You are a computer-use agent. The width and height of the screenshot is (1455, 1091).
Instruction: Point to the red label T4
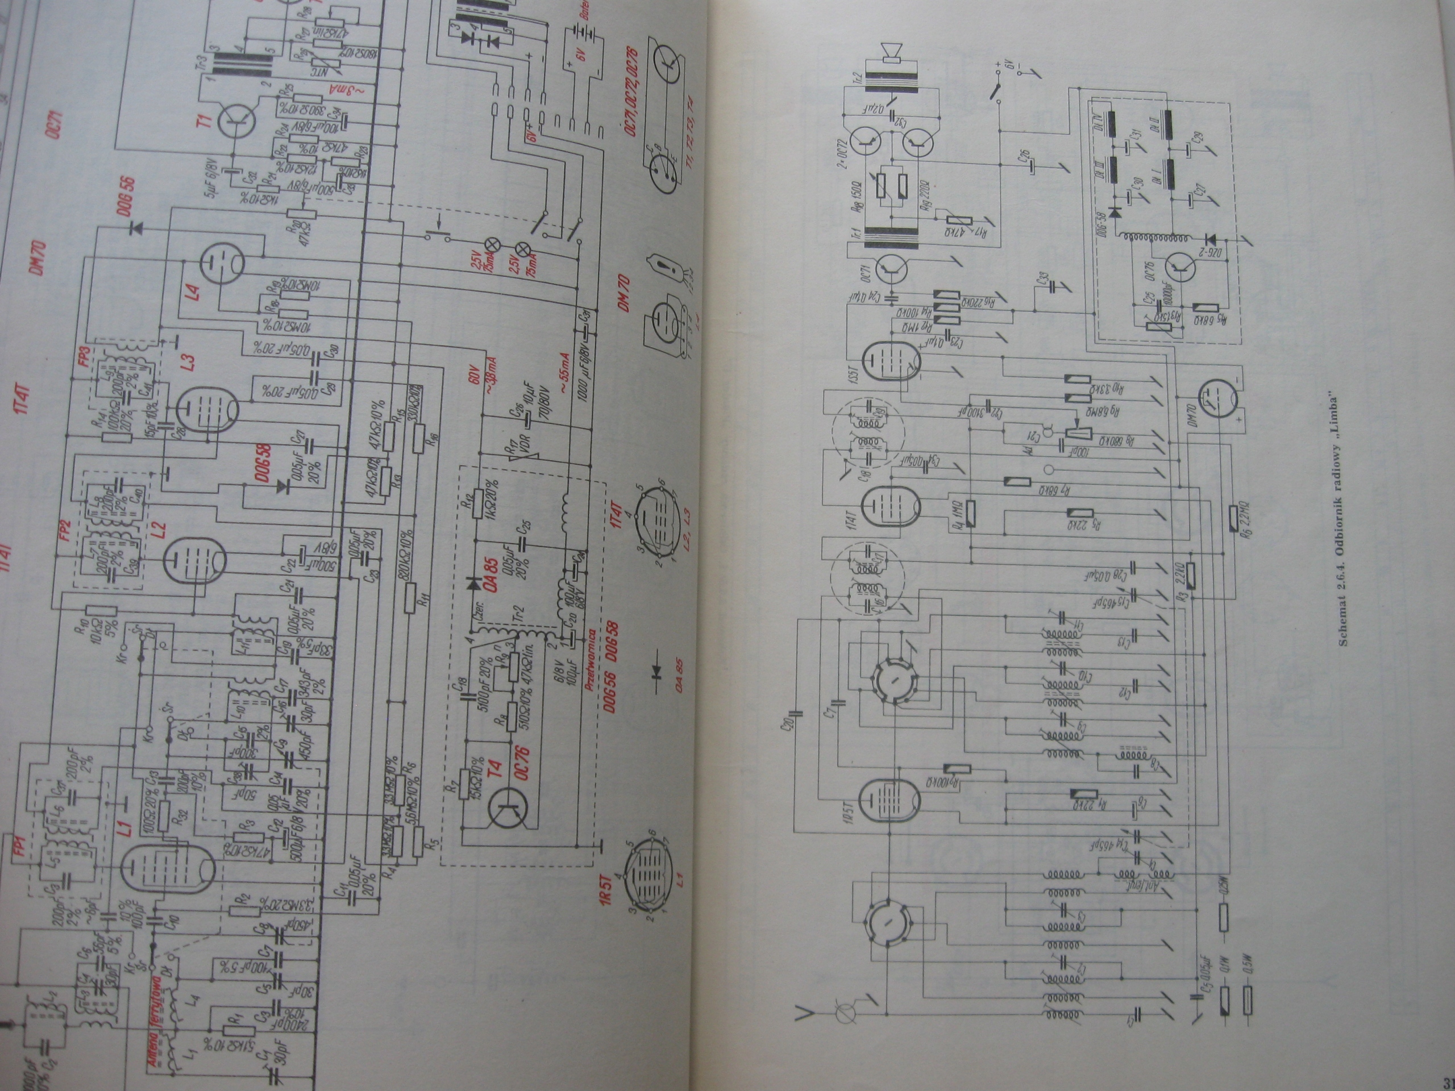pyautogui.click(x=497, y=769)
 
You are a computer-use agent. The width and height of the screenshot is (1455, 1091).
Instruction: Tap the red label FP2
pyautogui.click(x=65, y=532)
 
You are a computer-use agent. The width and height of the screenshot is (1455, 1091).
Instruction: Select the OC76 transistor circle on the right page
pyautogui.click(x=1182, y=268)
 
